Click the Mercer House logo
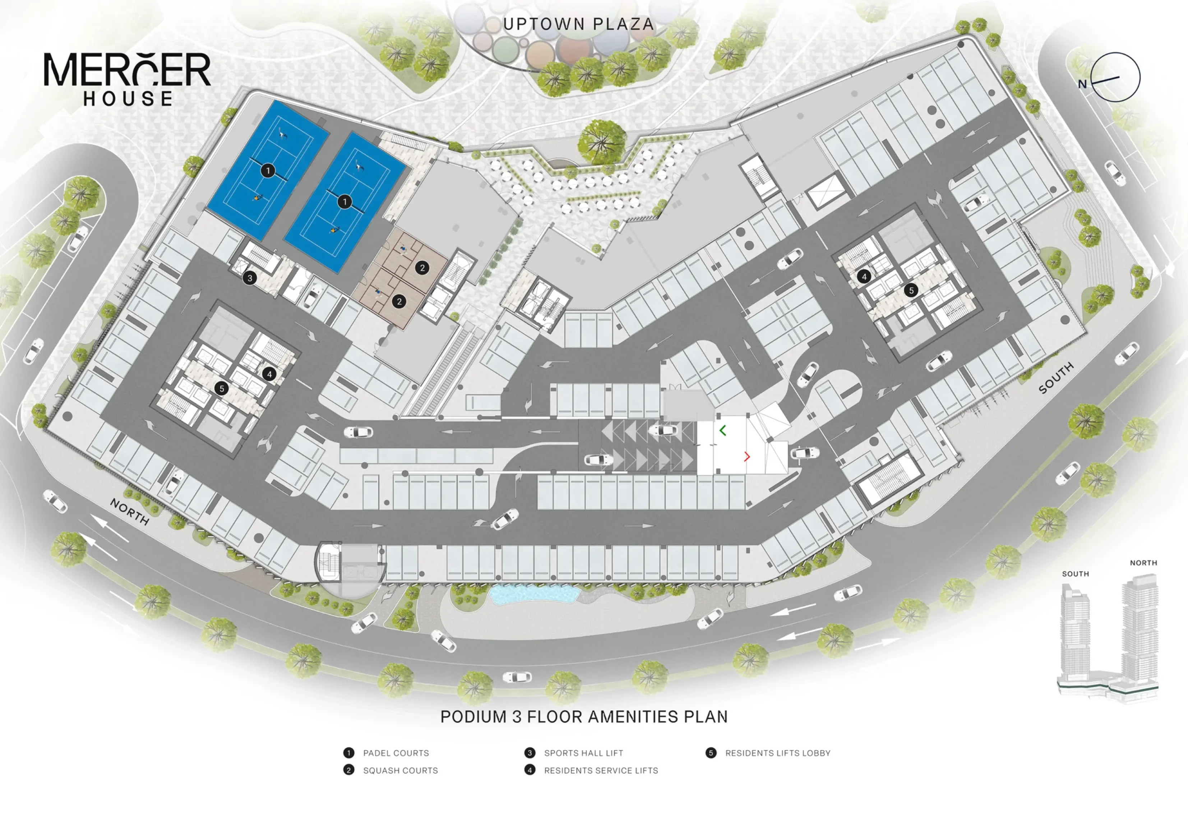tap(127, 79)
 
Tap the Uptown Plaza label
tap(578, 24)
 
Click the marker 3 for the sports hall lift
tap(250, 278)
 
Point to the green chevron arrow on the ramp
tap(722, 430)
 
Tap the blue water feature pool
tap(534, 594)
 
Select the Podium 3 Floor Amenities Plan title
tap(584, 717)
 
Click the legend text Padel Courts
tap(396, 753)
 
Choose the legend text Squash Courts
tap(401, 771)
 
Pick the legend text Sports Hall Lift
tap(584, 753)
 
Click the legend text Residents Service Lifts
tap(601, 771)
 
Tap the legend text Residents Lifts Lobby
tap(778, 753)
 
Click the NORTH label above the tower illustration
tap(1143, 563)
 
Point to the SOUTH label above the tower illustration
tap(1076, 574)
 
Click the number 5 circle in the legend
tap(711, 753)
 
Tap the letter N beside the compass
tap(1082, 84)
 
